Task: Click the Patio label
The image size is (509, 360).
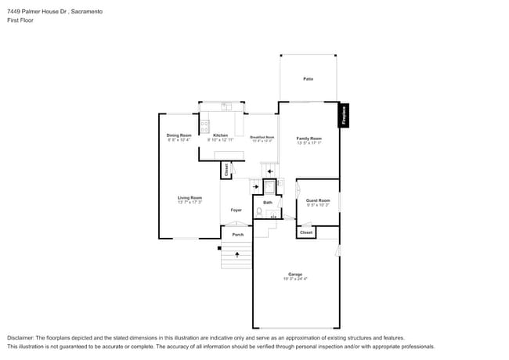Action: coord(308,79)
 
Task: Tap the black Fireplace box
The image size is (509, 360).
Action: coord(343,116)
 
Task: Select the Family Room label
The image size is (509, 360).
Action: coord(309,139)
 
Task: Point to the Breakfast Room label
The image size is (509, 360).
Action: coord(261,138)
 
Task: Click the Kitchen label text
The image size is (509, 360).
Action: coord(220,135)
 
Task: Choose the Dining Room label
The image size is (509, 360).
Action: coord(179,135)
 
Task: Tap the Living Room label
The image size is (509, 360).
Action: coord(190,198)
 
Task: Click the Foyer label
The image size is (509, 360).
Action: coord(236,210)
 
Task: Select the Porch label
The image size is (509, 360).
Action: coord(237,235)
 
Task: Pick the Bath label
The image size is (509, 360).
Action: coord(267,203)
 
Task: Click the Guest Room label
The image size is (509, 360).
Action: coord(318,200)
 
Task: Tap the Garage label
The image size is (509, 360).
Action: coord(294,274)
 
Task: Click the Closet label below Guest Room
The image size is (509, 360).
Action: coord(306,232)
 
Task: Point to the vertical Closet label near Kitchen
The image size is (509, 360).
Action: coord(226,169)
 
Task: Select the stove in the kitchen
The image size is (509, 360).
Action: coord(204,125)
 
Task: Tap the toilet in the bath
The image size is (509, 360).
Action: coord(259,211)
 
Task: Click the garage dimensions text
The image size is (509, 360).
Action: coord(294,279)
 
